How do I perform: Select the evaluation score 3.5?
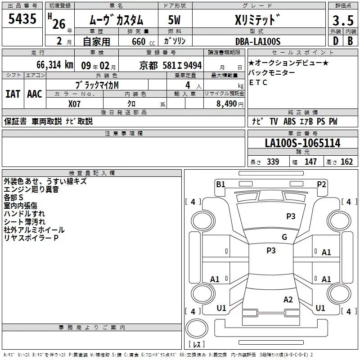pyautogui.click(x=342, y=21)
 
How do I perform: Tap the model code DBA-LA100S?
pyautogui.click(x=258, y=41)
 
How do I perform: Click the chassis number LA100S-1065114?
pyautogui.click(x=302, y=144)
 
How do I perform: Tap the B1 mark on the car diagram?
pyautogui.click(x=220, y=184)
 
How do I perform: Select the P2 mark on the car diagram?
pyautogui.click(x=321, y=184)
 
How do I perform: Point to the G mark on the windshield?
pyautogui.click(x=284, y=237)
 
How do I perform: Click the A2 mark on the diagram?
pyautogui.click(x=288, y=300)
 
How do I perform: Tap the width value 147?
pyautogui.click(x=310, y=162)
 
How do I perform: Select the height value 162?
pyautogui.click(x=346, y=162)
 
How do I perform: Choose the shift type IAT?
pyautogui.click(x=13, y=94)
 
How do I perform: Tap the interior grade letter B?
pyautogui.click(x=350, y=41)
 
